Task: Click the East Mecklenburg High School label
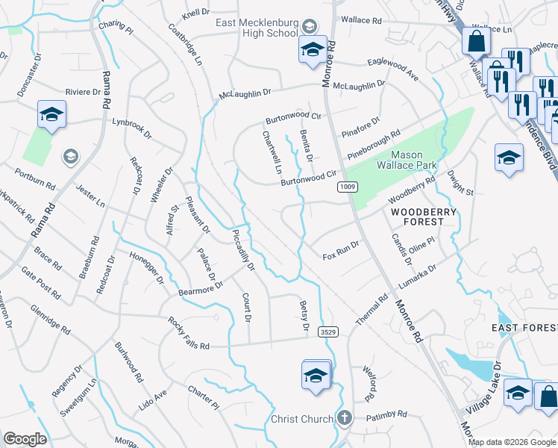pyautogui.click(x=256, y=28)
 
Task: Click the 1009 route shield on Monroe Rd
pyautogui.click(x=346, y=186)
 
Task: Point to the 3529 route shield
pyautogui.click(x=325, y=331)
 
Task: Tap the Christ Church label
pyautogui.click(x=302, y=419)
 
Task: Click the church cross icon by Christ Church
pyautogui.click(x=344, y=418)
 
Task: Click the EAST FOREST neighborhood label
pyautogui.click(x=523, y=328)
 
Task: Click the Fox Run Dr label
pyautogui.click(x=341, y=250)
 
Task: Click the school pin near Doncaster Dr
pyautogui.click(x=51, y=115)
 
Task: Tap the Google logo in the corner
pyautogui.click(x=25, y=439)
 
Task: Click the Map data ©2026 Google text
pyautogui.click(x=511, y=442)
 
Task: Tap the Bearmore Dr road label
pyautogui.click(x=201, y=287)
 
